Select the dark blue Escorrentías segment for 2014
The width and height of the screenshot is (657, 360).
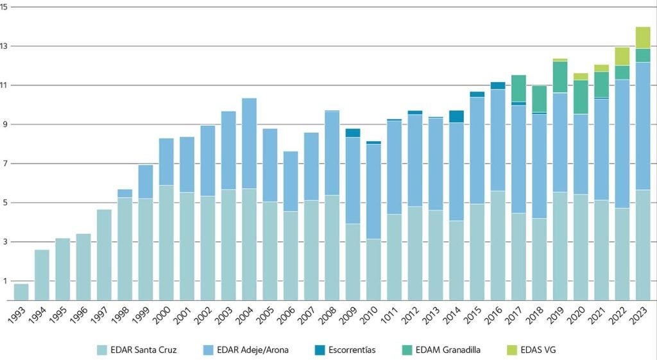(x=456, y=116)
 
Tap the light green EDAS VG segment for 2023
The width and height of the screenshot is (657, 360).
(x=642, y=38)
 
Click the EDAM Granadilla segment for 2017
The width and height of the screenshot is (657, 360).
(x=518, y=89)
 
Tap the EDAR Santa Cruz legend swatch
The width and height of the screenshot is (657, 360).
(x=102, y=350)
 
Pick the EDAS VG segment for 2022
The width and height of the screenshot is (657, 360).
(x=622, y=56)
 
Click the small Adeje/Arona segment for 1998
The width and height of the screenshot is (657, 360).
(x=124, y=193)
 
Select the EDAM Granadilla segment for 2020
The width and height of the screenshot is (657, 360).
(x=581, y=97)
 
